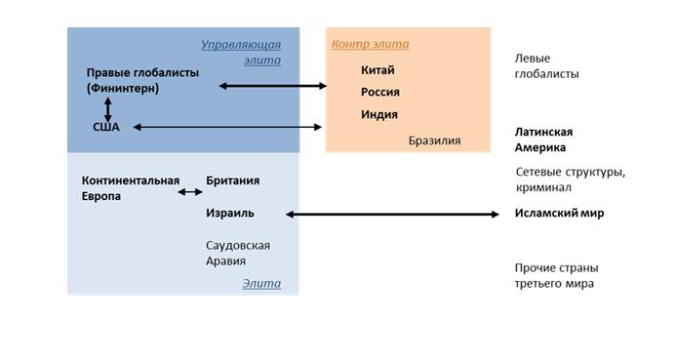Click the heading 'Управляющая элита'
[241, 52]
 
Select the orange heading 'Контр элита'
[370, 44]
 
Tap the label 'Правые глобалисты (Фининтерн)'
[142, 81]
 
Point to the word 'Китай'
[378, 70]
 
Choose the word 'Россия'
[380, 93]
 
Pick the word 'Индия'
[379, 115]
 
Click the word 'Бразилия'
[434, 140]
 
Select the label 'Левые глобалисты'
[546, 66]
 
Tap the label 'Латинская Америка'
[543, 140]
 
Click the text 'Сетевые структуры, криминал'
[570, 180]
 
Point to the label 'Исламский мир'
[559, 214]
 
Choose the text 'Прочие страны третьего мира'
[556, 275]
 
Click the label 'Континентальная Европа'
[131, 188]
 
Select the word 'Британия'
[233, 181]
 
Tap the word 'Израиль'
[230, 214]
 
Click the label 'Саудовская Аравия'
[238, 253]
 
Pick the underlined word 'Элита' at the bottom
[261, 284]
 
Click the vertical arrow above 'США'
[107, 108]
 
